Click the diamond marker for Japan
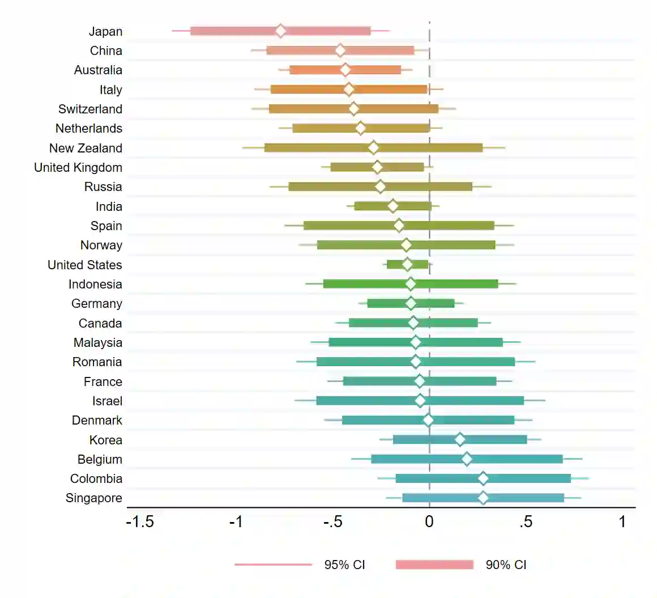[281, 31]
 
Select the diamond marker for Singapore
[483, 498]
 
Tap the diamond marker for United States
[407, 264]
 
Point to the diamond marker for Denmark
[428, 420]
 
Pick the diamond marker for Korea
[460, 439]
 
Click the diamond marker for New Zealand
[373, 148]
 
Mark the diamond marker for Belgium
[467, 459]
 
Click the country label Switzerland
[90, 109]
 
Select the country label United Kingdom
[78, 167]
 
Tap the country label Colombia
[96, 478]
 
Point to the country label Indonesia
[95, 284]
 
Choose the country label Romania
[97, 362]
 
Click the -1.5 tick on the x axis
[140, 521]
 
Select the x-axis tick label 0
[429, 521]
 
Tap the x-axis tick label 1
[622, 521]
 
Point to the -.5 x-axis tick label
[332, 521]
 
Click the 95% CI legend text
[344, 565]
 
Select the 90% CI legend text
[506, 565]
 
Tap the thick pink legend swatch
[434, 565]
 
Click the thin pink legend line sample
[273, 565]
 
